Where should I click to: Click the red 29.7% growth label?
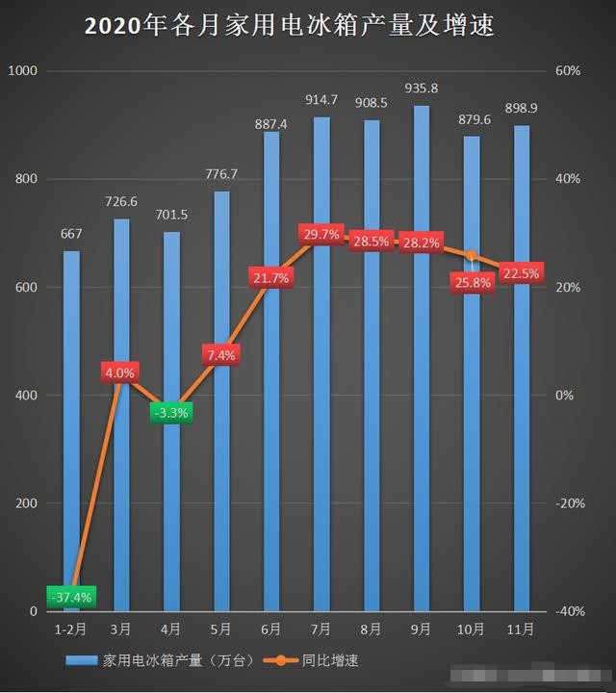point(321,234)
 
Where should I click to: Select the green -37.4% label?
point(70,597)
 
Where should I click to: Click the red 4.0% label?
point(121,372)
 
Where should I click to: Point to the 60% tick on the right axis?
point(568,71)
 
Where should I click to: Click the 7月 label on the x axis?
point(321,629)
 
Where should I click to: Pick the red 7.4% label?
point(220,354)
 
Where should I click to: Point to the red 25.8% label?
point(472,282)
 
